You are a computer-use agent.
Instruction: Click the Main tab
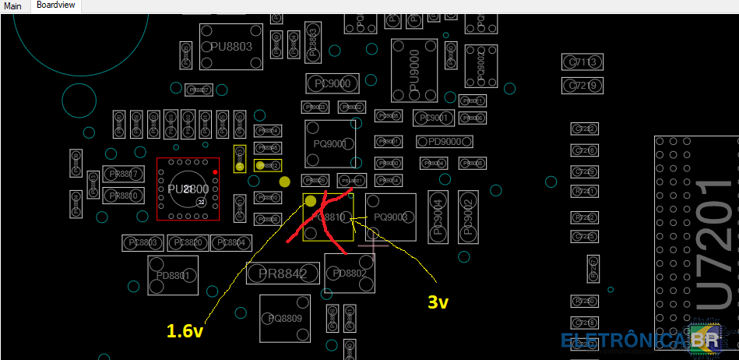[x=12, y=5]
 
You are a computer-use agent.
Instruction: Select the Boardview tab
[x=56, y=5]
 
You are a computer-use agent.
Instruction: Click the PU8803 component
[x=231, y=47]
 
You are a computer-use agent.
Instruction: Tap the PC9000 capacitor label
[x=332, y=83]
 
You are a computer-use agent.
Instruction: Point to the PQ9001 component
[x=330, y=143]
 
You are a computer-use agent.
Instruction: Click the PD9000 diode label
[x=439, y=142]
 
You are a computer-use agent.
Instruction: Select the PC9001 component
[x=433, y=118]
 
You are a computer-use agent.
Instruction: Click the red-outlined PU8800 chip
[x=188, y=189]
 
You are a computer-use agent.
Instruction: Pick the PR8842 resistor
[x=282, y=273]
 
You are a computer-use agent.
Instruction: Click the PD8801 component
[x=173, y=276]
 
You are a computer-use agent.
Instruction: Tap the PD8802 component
[x=349, y=274]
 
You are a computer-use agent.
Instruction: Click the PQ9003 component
[x=391, y=217]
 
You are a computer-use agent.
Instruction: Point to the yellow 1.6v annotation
[x=186, y=330]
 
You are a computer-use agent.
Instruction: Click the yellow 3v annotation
[x=438, y=302]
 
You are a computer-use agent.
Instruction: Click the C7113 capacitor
[x=583, y=62]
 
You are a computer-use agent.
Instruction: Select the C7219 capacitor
[x=583, y=85]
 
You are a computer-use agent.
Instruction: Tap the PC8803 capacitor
[x=141, y=243]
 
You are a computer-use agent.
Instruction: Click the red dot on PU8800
[x=215, y=171]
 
